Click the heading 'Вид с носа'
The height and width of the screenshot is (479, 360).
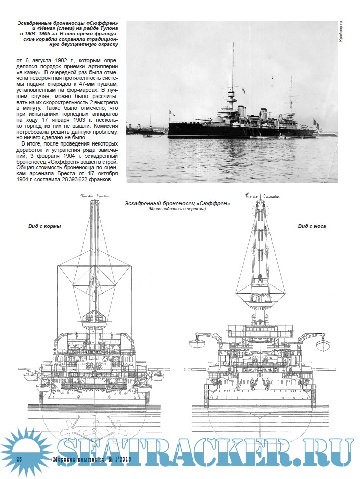312,226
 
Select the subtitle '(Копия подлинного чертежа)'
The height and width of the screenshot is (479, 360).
177,209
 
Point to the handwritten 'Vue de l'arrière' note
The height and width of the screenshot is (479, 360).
95,196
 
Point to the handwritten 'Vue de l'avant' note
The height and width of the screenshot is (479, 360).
263,196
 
